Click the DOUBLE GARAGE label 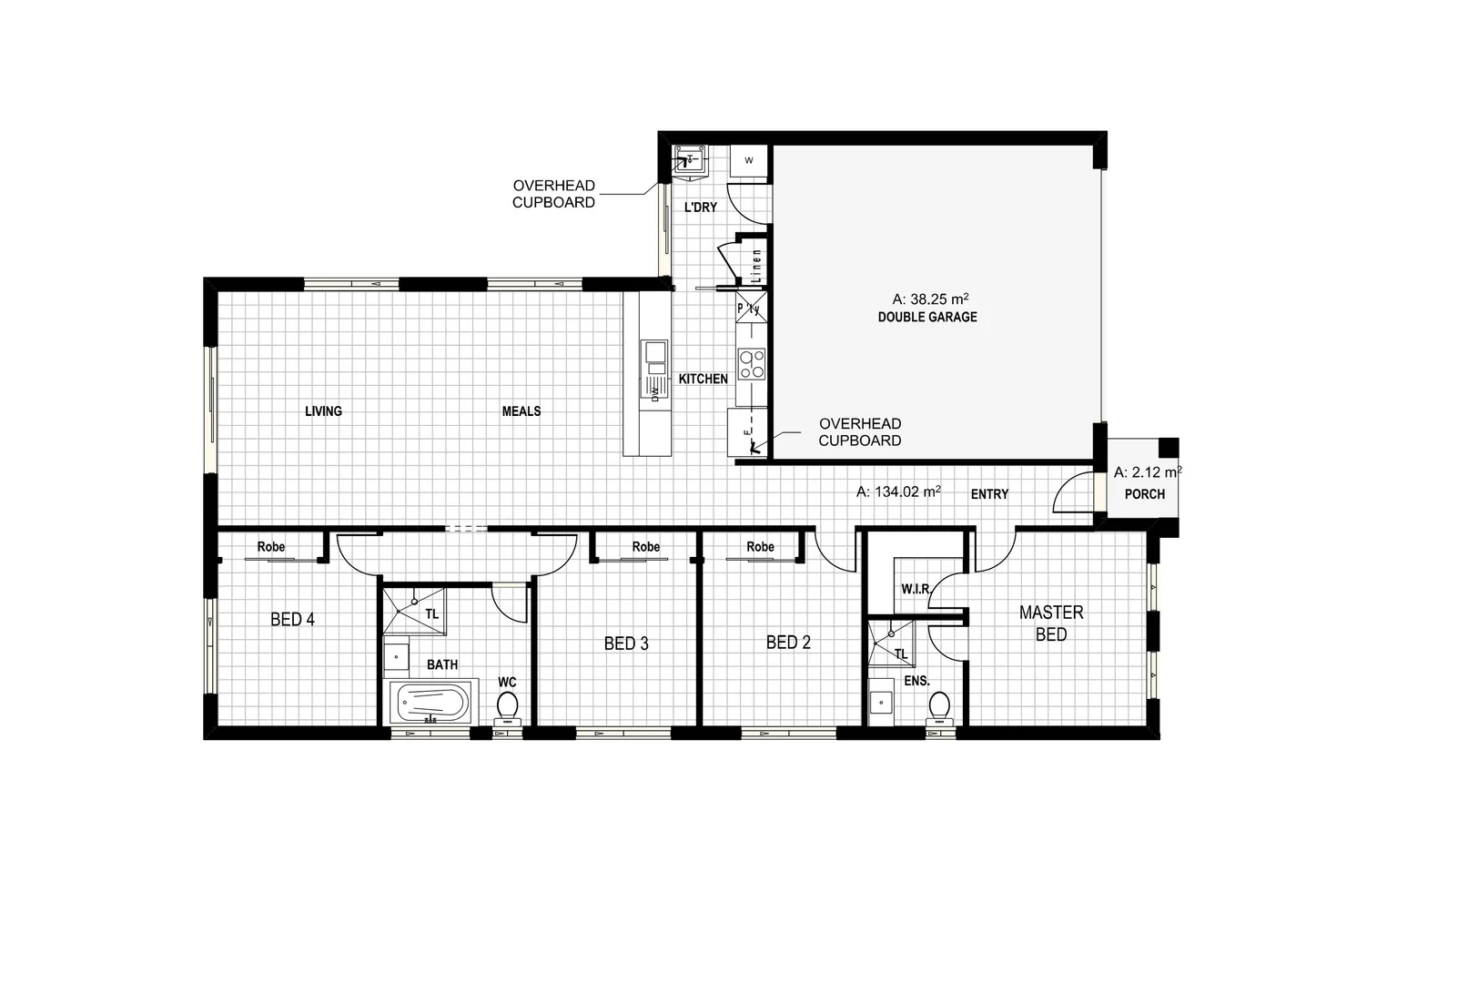[x=926, y=318]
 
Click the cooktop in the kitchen [x=752, y=364]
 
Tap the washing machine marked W [x=749, y=161]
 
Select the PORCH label [x=1144, y=494]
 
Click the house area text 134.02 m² [x=898, y=491]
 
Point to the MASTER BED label [x=1051, y=623]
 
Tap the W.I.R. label [x=916, y=589]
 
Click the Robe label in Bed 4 [x=271, y=547]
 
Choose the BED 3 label [x=626, y=644]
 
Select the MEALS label [x=521, y=411]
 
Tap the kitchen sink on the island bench [x=653, y=352]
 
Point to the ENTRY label [x=989, y=494]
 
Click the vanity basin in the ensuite [x=880, y=703]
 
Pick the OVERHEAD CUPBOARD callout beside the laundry [x=553, y=194]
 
